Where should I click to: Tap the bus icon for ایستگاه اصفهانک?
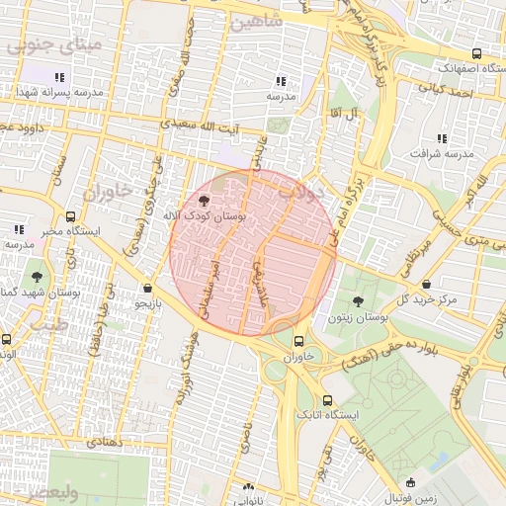pos(477,54)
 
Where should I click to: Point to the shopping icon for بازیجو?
pos(147,289)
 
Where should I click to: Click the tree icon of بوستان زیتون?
pos(357,301)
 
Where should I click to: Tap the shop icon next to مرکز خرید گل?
pos(426,285)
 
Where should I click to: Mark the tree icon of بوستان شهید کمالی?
pos(37,278)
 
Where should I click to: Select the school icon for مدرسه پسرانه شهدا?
pos(59,76)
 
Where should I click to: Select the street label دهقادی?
pos(104,444)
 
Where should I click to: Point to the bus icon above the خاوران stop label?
pos(298,342)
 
